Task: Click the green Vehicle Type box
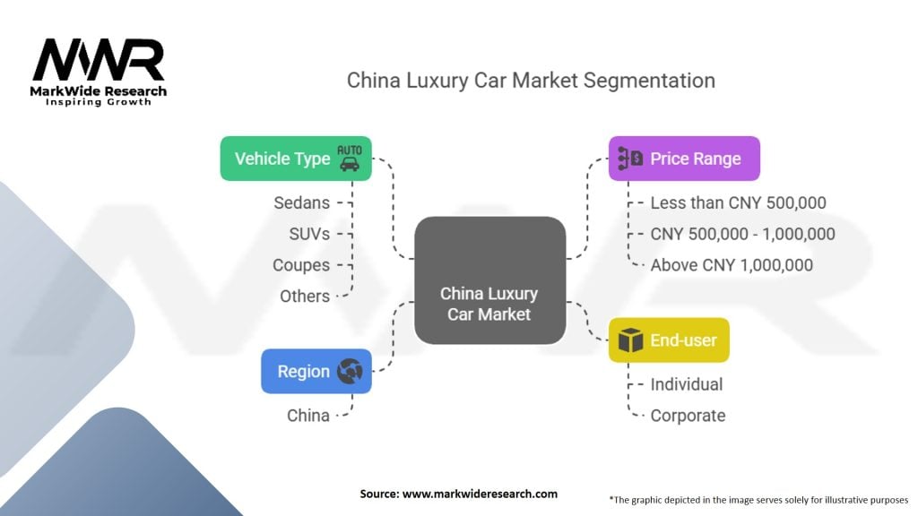click(296, 159)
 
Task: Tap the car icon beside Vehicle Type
click(348, 158)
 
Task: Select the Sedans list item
click(302, 203)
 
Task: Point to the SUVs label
click(310, 234)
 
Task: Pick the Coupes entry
click(301, 265)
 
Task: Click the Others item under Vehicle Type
click(305, 296)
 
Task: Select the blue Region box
click(316, 372)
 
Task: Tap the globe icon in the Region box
click(348, 372)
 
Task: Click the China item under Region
click(308, 415)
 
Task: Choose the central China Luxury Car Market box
click(489, 280)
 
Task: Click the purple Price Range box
click(684, 159)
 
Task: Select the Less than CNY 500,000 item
click(738, 203)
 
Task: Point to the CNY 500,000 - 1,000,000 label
click(742, 234)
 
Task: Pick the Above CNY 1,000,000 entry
click(732, 265)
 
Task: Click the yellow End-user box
click(669, 340)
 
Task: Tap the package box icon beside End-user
click(631, 340)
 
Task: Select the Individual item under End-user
click(686, 384)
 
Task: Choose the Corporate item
click(688, 415)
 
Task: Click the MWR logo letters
click(99, 60)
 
